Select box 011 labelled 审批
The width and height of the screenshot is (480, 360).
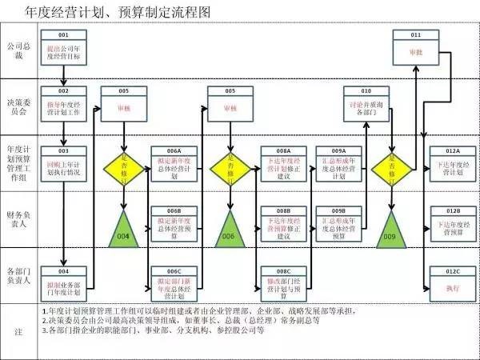pos(415,49)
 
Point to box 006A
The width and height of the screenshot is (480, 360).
pos(174,162)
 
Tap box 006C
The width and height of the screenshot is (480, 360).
pos(174,282)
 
